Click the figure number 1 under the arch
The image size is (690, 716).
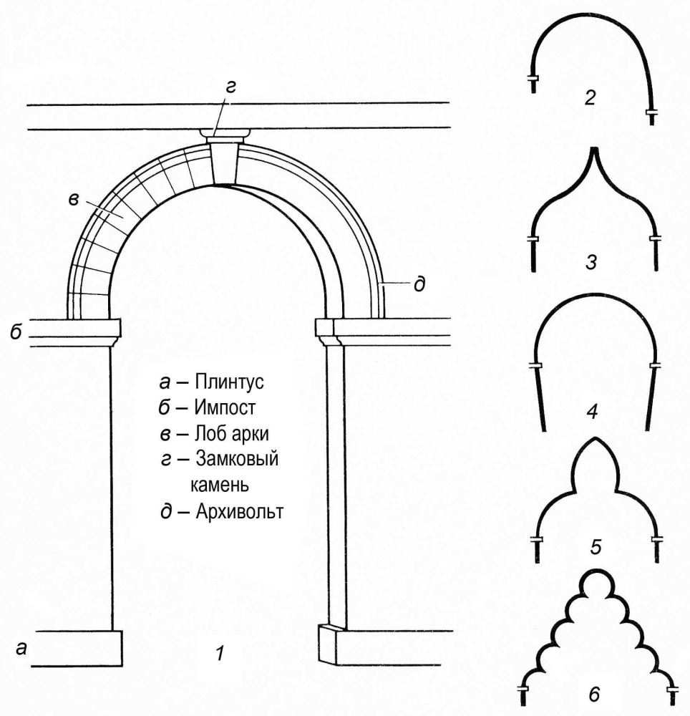tap(221, 653)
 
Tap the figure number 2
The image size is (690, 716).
tap(590, 97)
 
